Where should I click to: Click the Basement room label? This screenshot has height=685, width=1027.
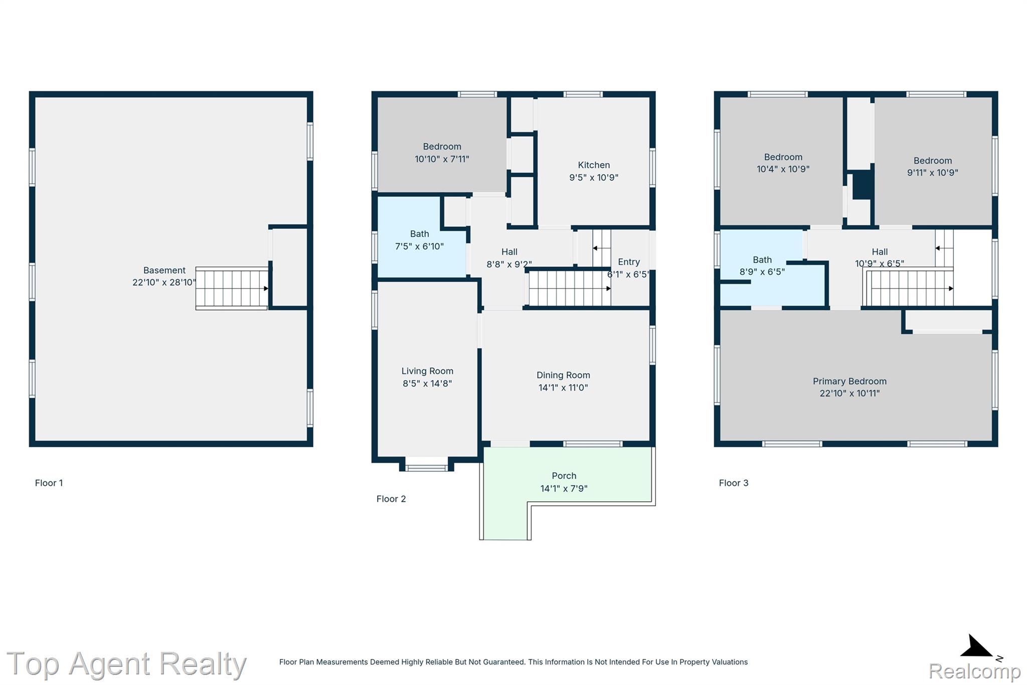[164, 270]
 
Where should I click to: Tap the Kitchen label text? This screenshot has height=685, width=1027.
[594, 165]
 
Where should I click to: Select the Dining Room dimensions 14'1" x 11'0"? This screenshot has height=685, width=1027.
[563, 387]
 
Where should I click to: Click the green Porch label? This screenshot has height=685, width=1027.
[564, 476]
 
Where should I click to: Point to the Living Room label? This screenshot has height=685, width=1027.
[427, 371]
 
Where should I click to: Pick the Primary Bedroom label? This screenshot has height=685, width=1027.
[849, 381]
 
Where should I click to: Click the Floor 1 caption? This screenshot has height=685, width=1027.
[49, 483]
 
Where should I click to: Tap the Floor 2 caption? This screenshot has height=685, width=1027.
[391, 499]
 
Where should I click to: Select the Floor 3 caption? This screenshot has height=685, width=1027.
[734, 483]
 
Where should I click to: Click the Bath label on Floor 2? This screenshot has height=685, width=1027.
[420, 234]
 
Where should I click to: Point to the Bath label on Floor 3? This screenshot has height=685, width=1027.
[762, 260]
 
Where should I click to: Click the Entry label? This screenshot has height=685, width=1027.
[629, 262]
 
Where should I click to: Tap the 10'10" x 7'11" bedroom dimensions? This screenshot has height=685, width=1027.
[442, 159]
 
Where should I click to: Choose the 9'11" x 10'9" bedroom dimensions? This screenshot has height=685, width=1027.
[933, 173]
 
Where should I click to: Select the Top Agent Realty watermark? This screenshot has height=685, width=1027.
[126, 664]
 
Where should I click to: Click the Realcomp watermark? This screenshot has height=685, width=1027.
[974, 671]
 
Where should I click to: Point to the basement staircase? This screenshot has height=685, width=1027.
[232, 288]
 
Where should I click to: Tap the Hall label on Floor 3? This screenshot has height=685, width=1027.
[880, 252]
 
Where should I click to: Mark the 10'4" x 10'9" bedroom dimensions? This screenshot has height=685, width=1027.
[783, 169]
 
